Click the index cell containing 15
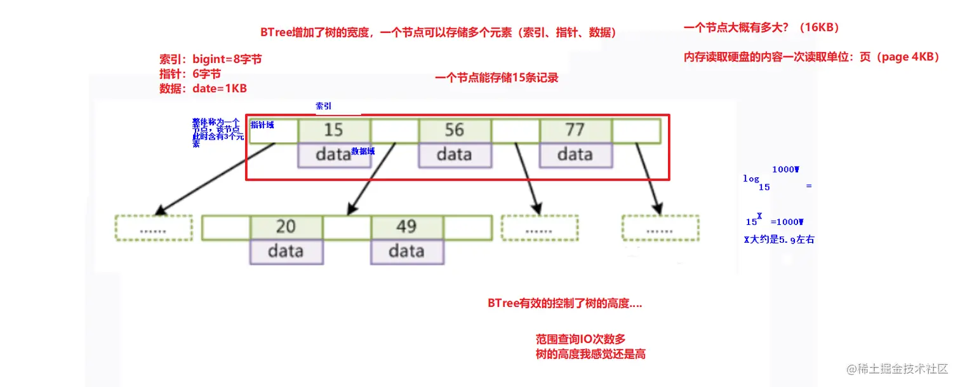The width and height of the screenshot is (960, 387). tap(333, 130)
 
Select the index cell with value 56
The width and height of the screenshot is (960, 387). tap(454, 130)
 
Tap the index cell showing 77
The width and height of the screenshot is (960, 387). tap(575, 130)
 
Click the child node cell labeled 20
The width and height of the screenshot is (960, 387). tap(286, 227)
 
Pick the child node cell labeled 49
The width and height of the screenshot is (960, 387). tap(406, 227)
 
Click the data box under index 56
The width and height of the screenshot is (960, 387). tap(454, 155)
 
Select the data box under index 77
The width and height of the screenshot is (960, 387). tap(575, 155)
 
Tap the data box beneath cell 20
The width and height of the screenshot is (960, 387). tap(286, 252)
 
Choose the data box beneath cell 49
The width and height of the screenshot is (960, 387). tap(406, 252)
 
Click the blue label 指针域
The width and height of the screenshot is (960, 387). tap(262, 125)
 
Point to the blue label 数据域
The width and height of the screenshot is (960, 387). tap(363, 151)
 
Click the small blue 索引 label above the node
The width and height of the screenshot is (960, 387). tap(323, 106)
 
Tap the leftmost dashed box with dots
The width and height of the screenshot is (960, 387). tap(153, 227)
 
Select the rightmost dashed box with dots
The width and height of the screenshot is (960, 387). tap(660, 227)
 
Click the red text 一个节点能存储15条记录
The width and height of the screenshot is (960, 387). tap(497, 78)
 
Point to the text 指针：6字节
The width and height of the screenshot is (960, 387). tap(190, 74)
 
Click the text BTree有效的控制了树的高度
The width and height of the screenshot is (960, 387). tap(564, 304)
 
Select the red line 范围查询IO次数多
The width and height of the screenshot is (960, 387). tap(580, 339)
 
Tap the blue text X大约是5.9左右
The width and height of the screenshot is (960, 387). tap(778, 241)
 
